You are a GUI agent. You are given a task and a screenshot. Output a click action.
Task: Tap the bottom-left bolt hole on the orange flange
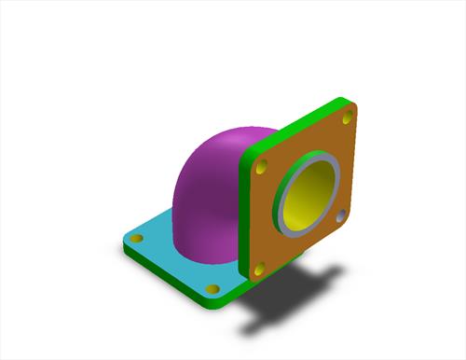(x=260, y=269)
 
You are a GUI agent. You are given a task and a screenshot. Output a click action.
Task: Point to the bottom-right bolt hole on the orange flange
(x=341, y=215)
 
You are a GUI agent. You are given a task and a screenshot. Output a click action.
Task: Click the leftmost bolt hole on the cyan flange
(x=137, y=240)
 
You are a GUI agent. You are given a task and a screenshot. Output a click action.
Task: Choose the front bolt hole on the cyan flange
(x=212, y=288)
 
